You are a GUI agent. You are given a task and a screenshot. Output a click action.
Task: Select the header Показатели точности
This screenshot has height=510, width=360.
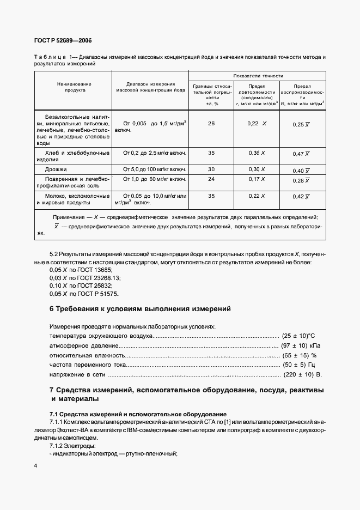coord(258,76)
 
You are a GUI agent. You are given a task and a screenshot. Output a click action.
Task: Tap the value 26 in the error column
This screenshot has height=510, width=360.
coord(211,124)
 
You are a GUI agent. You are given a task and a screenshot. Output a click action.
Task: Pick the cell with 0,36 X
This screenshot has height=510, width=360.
coord(257,154)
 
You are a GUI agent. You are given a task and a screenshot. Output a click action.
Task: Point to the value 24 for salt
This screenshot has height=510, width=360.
coord(211,179)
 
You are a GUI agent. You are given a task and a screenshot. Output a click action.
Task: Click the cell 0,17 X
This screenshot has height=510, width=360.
coord(257,179)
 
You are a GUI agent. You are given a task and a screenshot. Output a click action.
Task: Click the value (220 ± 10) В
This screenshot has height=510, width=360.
coord(303,375)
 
